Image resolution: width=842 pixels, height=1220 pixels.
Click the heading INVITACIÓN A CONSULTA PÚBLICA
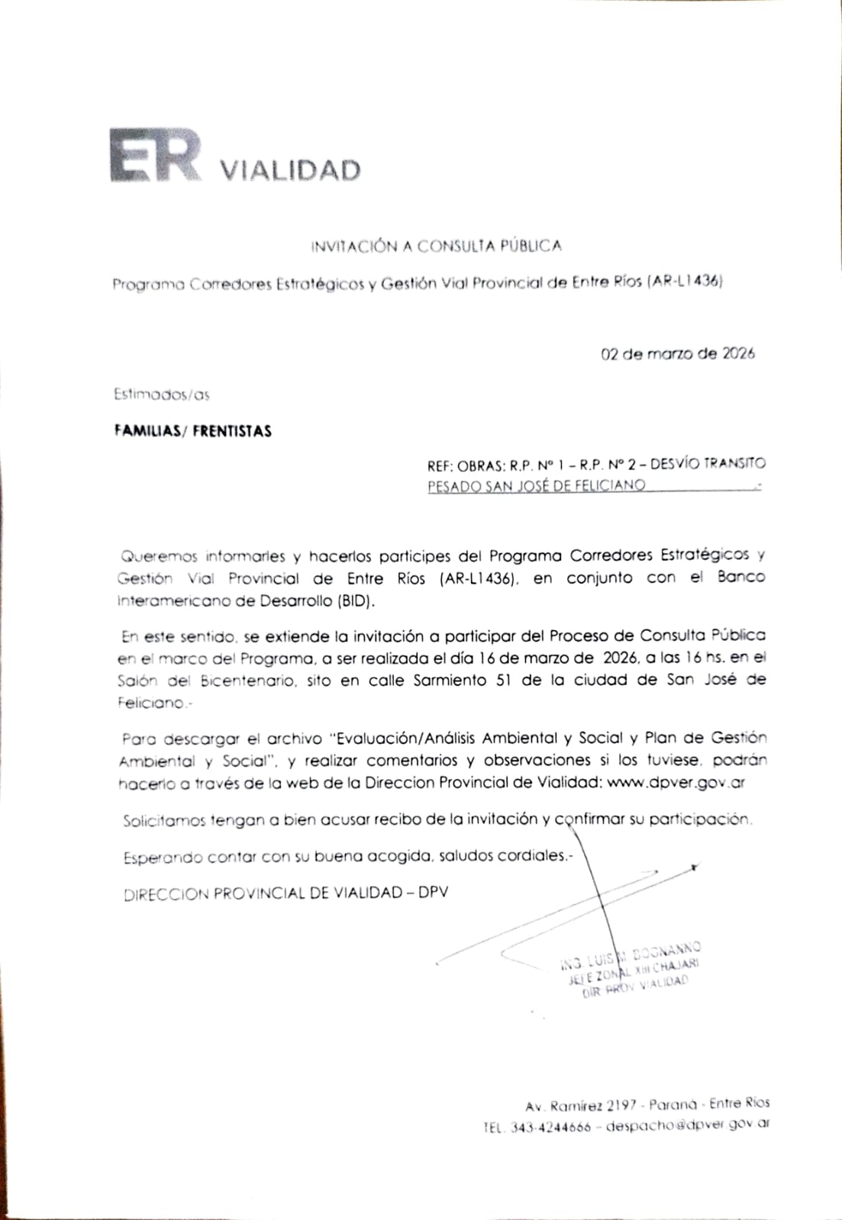(x=436, y=246)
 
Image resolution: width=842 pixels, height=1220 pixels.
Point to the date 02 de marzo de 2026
(x=678, y=353)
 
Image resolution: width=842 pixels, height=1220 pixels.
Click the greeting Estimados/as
(x=161, y=394)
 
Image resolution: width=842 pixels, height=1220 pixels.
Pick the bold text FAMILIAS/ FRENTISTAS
(x=192, y=431)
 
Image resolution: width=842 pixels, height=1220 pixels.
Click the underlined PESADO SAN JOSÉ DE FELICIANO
(x=536, y=485)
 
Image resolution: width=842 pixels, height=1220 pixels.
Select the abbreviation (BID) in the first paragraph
(x=357, y=600)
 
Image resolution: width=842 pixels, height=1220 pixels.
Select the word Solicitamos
(x=165, y=821)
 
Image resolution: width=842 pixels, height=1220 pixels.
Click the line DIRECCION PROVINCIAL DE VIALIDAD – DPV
(x=286, y=893)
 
